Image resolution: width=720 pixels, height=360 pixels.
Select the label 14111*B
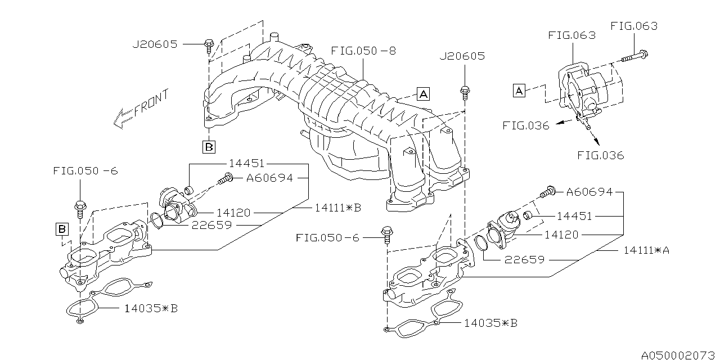pos(337,208)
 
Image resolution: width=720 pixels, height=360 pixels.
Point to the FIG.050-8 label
pos(363,51)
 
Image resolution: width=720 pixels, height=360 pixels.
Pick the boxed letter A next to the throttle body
pos(519,90)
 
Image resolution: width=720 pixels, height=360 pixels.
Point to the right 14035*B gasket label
pos(490,323)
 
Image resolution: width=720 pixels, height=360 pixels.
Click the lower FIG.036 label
pos(600,156)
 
